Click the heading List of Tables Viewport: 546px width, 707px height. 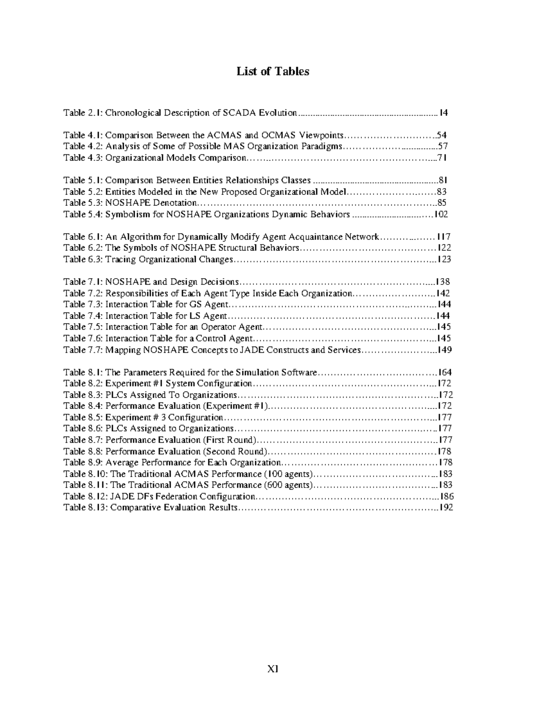[273, 71]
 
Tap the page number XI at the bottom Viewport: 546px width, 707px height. [273, 669]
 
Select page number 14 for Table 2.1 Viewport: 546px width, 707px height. [443, 113]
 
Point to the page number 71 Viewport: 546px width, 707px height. [442, 158]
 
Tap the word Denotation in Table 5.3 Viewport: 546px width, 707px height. [175, 203]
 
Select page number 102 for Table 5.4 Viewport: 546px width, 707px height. [441, 214]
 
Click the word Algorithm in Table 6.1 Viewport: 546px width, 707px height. [140, 237]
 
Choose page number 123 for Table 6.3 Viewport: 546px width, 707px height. [444, 259]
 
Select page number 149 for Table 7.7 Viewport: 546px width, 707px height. [444, 350]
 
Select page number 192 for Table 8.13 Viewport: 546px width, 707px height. [445, 508]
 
